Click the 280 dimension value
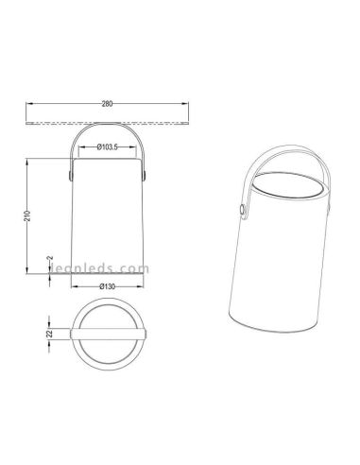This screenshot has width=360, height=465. pyautogui.click(x=107, y=104)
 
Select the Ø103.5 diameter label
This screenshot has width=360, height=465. pyautogui.click(x=108, y=146)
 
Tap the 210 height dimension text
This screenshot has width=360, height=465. pyautogui.click(x=27, y=215)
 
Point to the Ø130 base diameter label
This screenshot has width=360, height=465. pyautogui.click(x=108, y=286)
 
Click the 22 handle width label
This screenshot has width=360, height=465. pyautogui.click(x=49, y=335)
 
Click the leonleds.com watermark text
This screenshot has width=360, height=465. pyautogui.click(x=100, y=268)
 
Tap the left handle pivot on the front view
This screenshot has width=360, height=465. pyautogui.click(x=70, y=175)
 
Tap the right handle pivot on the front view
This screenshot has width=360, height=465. pyautogui.click(x=145, y=175)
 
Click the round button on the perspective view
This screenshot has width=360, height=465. pyautogui.click(x=242, y=210)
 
